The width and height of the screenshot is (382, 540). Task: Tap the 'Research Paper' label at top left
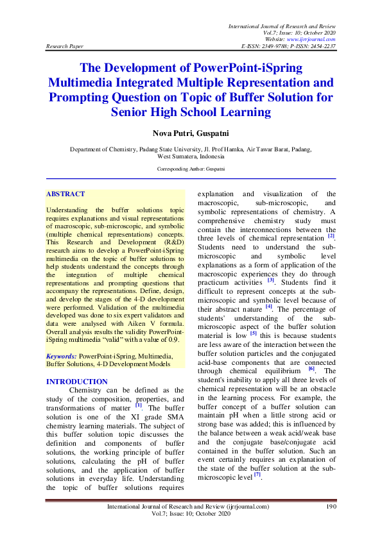[64, 47]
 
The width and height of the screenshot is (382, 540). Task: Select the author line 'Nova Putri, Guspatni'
[191, 133]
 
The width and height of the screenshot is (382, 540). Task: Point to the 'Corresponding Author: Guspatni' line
[191, 169]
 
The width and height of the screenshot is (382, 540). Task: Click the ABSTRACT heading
[65, 194]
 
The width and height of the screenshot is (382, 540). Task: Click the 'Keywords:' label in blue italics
[62, 355]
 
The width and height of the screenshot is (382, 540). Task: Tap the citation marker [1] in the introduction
[139, 405]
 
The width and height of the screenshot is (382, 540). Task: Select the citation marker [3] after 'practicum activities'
[271, 280]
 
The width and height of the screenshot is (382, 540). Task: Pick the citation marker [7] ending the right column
[257, 475]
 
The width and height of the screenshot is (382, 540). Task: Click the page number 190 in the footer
[331, 507]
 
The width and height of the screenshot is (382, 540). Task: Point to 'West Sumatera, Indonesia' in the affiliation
[191, 156]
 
